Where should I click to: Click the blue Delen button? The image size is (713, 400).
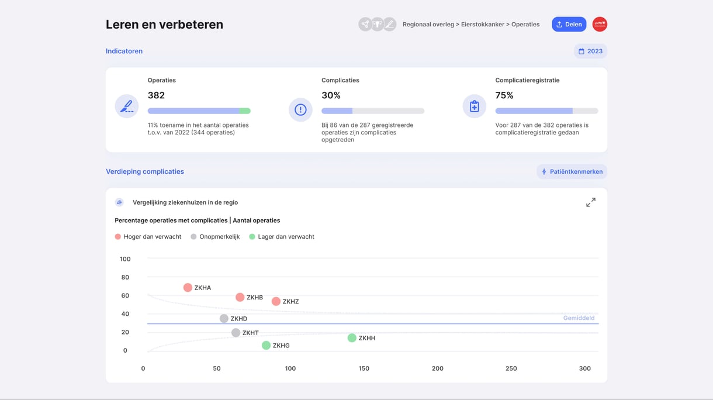(x=569, y=24)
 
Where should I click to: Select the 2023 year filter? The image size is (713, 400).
(x=590, y=51)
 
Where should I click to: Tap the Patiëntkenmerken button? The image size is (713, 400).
(x=572, y=172)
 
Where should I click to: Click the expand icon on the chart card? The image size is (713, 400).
(x=591, y=202)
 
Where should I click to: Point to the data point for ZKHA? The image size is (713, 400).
(x=188, y=288)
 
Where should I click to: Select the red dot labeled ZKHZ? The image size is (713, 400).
(x=276, y=302)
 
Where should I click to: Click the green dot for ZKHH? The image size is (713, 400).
(x=352, y=338)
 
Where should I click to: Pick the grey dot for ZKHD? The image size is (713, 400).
(x=224, y=319)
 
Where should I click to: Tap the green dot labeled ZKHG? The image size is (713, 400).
(x=266, y=346)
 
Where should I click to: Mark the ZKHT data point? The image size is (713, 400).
(x=236, y=333)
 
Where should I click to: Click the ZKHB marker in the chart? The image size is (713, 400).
(x=240, y=298)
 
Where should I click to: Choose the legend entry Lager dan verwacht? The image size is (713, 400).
(x=282, y=237)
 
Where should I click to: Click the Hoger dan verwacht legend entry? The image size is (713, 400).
(x=148, y=237)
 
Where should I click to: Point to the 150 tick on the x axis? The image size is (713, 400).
(x=364, y=368)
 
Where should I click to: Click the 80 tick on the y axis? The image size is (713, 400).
(x=125, y=277)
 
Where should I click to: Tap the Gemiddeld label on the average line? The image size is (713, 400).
(x=579, y=318)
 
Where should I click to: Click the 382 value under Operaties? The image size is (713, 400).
(x=156, y=95)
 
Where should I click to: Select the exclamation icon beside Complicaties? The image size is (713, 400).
(x=300, y=109)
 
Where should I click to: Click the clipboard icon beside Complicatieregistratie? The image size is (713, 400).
(x=474, y=107)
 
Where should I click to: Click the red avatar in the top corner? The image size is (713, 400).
(x=600, y=24)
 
